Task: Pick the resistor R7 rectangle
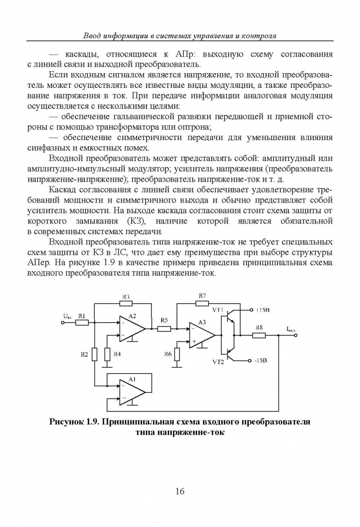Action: (x=202, y=303)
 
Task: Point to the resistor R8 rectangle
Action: (x=259, y=335)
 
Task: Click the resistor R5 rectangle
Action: (x=164, y=328)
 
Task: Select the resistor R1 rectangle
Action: (x=82, y=322)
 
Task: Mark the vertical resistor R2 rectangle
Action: (x=94, y=354)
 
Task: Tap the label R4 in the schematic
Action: (x=117, y=353)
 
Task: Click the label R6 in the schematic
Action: (x=167, y=353)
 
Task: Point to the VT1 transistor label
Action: (x=218, y=309)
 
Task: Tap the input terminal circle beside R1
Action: (x=74, y=322)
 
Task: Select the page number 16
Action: (x=180, y=491)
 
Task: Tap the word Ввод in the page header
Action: (x=93, y=36)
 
